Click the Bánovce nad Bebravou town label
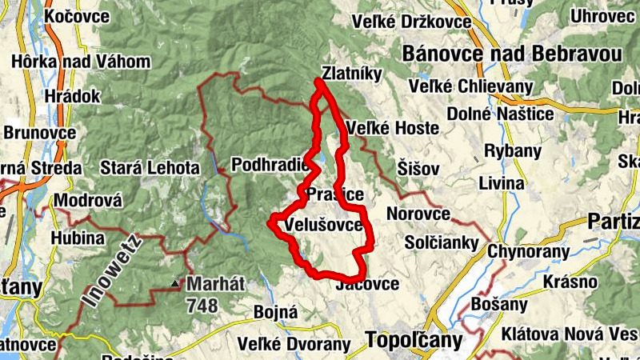pyautogui.click(x=513, y=54)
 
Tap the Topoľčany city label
pyautogui.click(x=414, y=340)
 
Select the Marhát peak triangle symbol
pyautogui.click(x=174, y=283)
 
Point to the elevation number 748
pyautogui.click(x=202, y=305)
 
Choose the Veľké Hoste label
pyautogui.click(x=393, y=128)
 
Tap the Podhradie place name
pyautogui.click(x=269, y=165)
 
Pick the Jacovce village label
pyautogui.click(x=368, y=285)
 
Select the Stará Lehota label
pyautogui.click(x=150, y=168)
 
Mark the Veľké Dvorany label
pyautogui.click(x=294, y=345)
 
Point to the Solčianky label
pyautogui.click(x=442, y=242)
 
